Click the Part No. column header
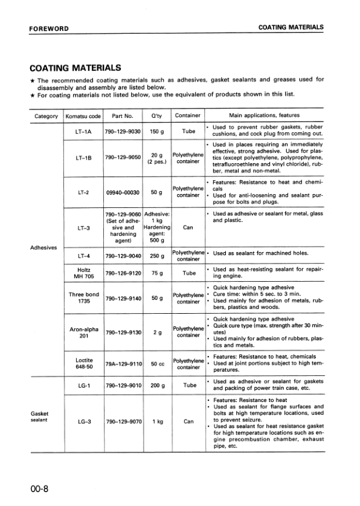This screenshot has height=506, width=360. (123, 115)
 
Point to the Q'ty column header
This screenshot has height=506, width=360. (156, 115)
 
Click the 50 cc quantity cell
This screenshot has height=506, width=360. (156, 364)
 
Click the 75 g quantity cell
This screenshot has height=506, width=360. (156, 273)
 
